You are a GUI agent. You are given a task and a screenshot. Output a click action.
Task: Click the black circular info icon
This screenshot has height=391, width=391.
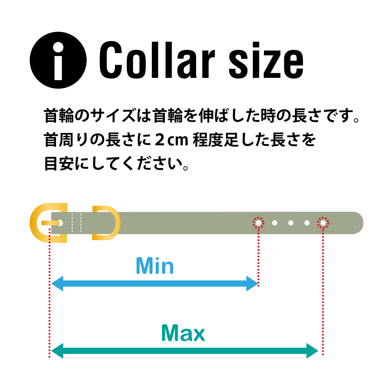[x=58, y=60]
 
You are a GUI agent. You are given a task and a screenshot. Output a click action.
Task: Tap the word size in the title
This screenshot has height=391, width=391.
[x=266, y=60]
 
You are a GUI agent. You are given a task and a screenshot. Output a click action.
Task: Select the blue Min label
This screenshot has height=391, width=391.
[x=155, y=266]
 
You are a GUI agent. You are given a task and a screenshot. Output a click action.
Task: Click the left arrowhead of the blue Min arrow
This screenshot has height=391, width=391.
[x=57, y=283]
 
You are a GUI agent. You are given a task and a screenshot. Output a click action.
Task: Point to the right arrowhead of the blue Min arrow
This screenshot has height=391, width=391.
[x=252, y=283]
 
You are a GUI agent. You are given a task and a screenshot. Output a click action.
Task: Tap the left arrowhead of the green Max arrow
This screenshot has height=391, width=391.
[x=57, y=351]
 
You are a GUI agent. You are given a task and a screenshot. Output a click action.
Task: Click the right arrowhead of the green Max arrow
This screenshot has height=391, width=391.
[x=312, y=351]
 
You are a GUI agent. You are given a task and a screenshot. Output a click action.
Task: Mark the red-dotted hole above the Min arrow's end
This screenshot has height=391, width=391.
[x=258, y=223]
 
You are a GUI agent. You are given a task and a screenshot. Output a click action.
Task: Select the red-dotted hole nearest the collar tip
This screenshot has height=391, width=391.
[x=323, y=223]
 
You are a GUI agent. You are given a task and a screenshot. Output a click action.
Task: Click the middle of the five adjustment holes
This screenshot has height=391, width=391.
[x=291, y=223]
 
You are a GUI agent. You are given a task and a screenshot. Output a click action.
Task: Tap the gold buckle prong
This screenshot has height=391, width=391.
[x=50, y=223]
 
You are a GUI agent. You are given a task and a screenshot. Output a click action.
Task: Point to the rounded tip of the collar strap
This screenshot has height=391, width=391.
[x=358, y=223]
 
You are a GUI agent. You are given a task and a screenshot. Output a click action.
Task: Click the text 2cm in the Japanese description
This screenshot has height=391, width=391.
[x=172, y=140]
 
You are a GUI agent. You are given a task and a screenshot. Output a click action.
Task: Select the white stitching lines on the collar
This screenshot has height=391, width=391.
[x=77, y=223]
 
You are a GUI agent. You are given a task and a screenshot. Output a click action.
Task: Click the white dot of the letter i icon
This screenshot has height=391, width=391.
[x=58, y=47]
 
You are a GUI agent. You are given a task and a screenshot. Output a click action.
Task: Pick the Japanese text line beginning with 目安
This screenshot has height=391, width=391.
[x=117, y=164]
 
